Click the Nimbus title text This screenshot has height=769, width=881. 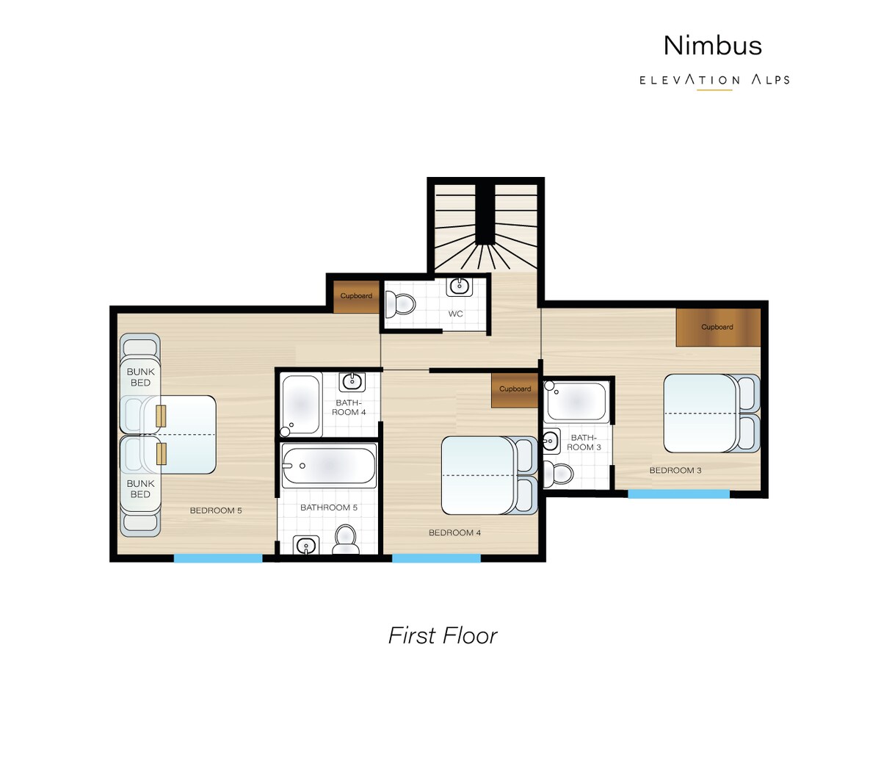click(x=712, y=46)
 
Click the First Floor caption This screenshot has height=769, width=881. click(x=443, y=636)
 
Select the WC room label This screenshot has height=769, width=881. click(x=455, y=314)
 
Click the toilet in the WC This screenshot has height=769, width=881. click(x=400, y=304)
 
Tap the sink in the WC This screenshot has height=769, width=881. click(x=460, y=287)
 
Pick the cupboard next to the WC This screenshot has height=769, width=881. click(x=356, y=297)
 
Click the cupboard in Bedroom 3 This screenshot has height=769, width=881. click(x=717, y=327)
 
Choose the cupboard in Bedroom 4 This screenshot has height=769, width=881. click(x=515, y=389)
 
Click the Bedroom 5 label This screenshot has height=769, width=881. click(x=216, y=510)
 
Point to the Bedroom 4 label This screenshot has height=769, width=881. click(x=454, y=532)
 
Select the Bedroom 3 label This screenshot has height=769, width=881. click(x=675, y=471)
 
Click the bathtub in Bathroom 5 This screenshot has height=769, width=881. click(x=329, y=465)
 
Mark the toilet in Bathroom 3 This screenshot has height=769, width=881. click(x=559, y=474)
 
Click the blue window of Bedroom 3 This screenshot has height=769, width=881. click(x=678, y=494)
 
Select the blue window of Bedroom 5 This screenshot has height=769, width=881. click(x=218, y=558)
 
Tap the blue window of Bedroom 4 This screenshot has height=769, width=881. click(x=436, y=558)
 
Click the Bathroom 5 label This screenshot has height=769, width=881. click(x=329, y=508)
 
